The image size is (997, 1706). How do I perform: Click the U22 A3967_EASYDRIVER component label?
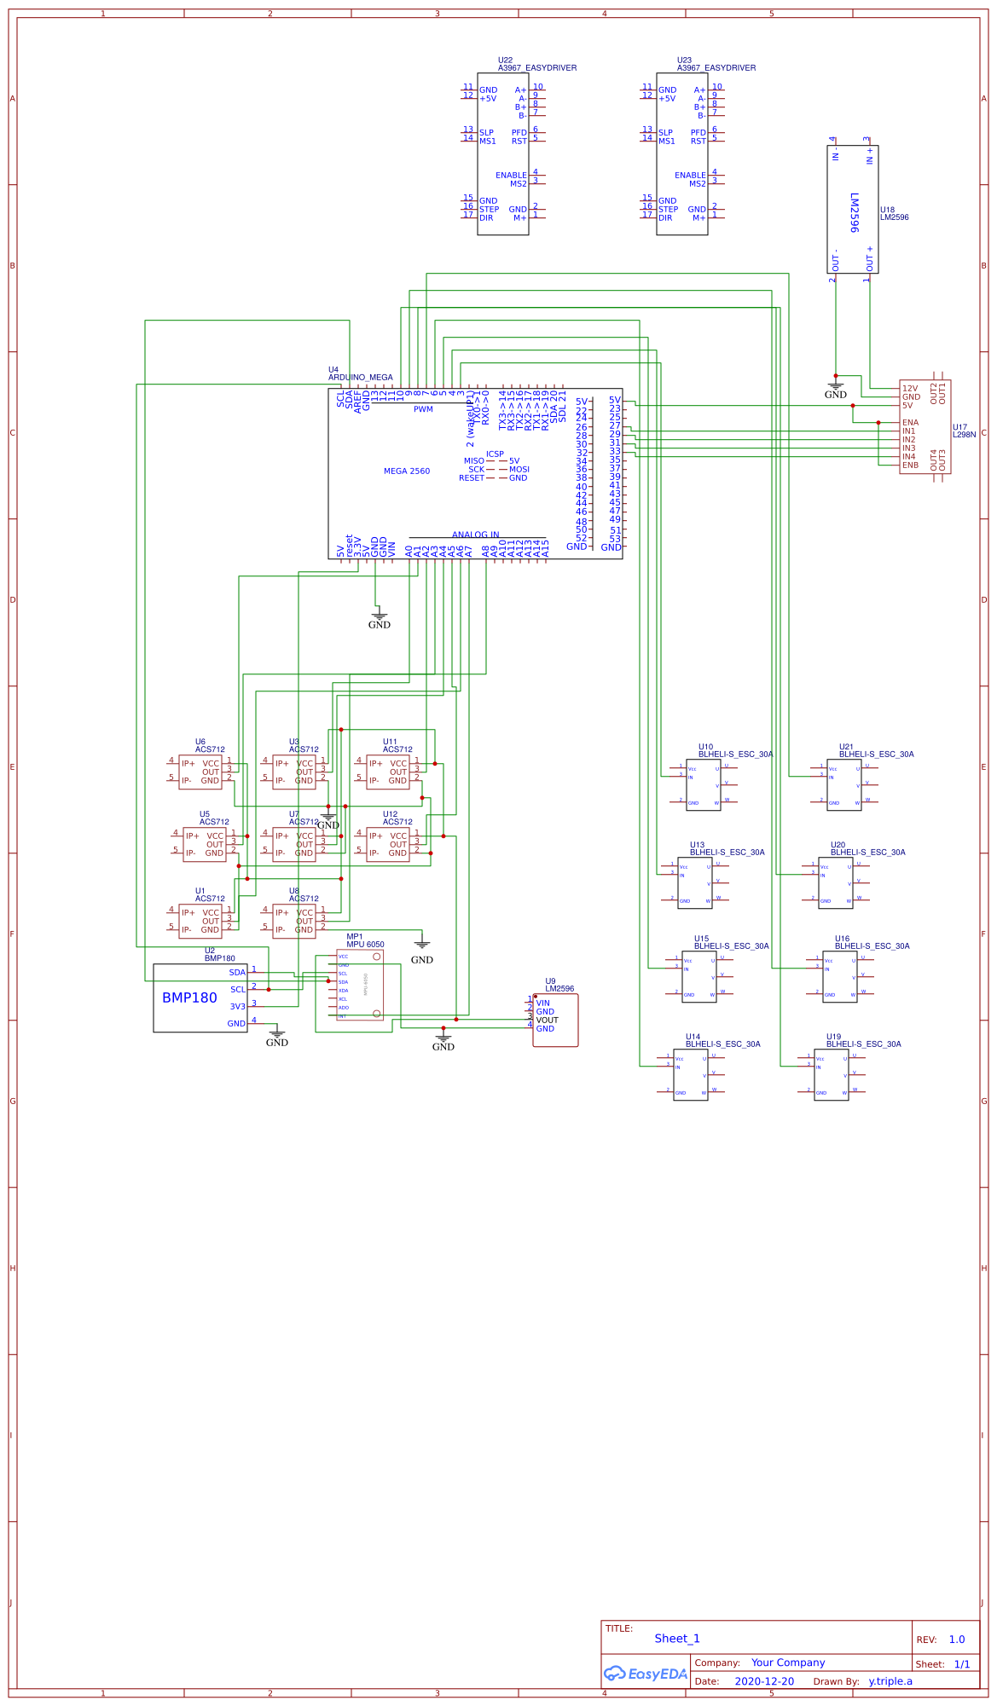tap(537, 67)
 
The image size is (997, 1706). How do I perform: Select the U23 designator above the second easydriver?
tap(684, 61)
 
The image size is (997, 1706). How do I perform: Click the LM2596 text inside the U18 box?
tap(854, 212)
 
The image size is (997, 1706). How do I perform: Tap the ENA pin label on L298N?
tap(910, 423)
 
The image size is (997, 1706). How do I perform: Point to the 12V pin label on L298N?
tap(910, 389)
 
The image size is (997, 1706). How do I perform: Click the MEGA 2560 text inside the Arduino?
tap(407, 471)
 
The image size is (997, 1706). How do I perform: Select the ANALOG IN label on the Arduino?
tap(476, 535)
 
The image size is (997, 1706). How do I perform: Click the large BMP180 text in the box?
tap(189, 998)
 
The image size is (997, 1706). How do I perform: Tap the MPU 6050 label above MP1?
tap(365, 945)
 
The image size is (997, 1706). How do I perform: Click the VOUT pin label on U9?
tap(547, 1021)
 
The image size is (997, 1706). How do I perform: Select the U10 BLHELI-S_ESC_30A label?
tap(735, 755)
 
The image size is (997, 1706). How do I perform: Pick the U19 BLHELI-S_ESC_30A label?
tap(863, 1044)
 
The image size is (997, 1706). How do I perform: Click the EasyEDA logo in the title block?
tap(646, 1674)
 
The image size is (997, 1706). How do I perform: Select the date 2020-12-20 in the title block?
tap(764, 1682)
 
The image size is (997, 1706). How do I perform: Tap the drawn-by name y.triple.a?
tap(890, 1682)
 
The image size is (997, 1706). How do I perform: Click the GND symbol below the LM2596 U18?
tap(835, 388)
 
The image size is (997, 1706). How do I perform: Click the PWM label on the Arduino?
tap(423, 410)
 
